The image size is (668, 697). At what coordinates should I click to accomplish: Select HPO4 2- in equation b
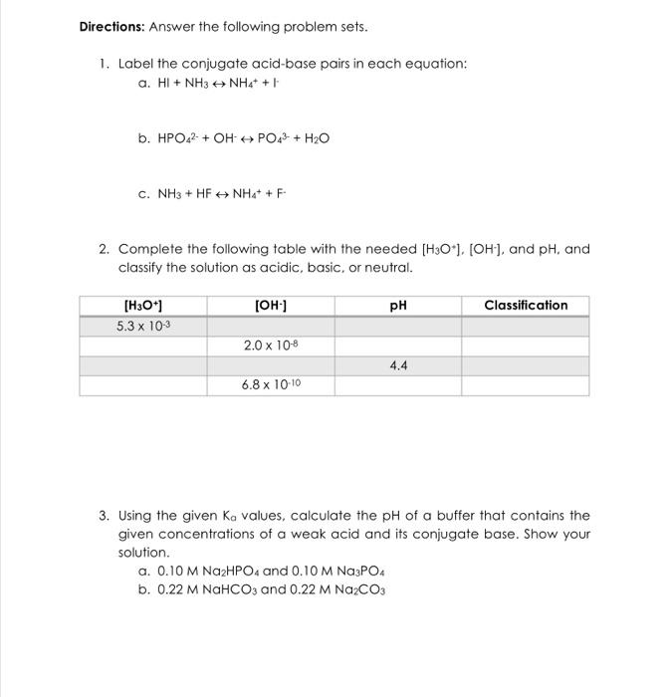tap(179, 139)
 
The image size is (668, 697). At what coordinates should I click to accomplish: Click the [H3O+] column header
tap(142, 306)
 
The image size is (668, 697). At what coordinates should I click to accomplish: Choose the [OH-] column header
tap(270, 306)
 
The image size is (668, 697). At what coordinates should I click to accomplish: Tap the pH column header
tap(397, 306)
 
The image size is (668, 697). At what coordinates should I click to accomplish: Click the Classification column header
tap(525, 306)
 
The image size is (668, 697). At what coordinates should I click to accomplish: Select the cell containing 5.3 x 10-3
tap(142, 327)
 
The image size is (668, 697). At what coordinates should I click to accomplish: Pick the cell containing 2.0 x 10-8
tap(270, 346)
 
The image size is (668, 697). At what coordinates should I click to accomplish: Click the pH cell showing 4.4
tap(397, 365)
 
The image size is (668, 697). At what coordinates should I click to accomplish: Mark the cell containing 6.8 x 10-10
tap(270, 384)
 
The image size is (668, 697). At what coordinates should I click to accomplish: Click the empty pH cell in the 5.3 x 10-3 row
tap(397, 327)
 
